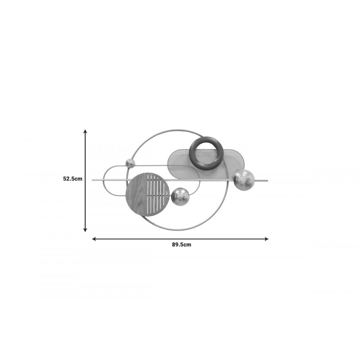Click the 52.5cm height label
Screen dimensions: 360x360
[73, 179]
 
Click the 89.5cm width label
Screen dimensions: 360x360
[181, 244]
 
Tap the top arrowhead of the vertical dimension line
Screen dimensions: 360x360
[85, 131]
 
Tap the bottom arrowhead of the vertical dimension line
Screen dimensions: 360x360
[85, 230]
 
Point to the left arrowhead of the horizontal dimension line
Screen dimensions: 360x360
[94, 239]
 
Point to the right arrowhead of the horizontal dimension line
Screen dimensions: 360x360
[266, 239]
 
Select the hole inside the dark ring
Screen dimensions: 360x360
[206, 153]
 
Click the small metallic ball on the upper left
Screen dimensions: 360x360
[130, 163]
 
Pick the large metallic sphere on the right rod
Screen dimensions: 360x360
[244, 180]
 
